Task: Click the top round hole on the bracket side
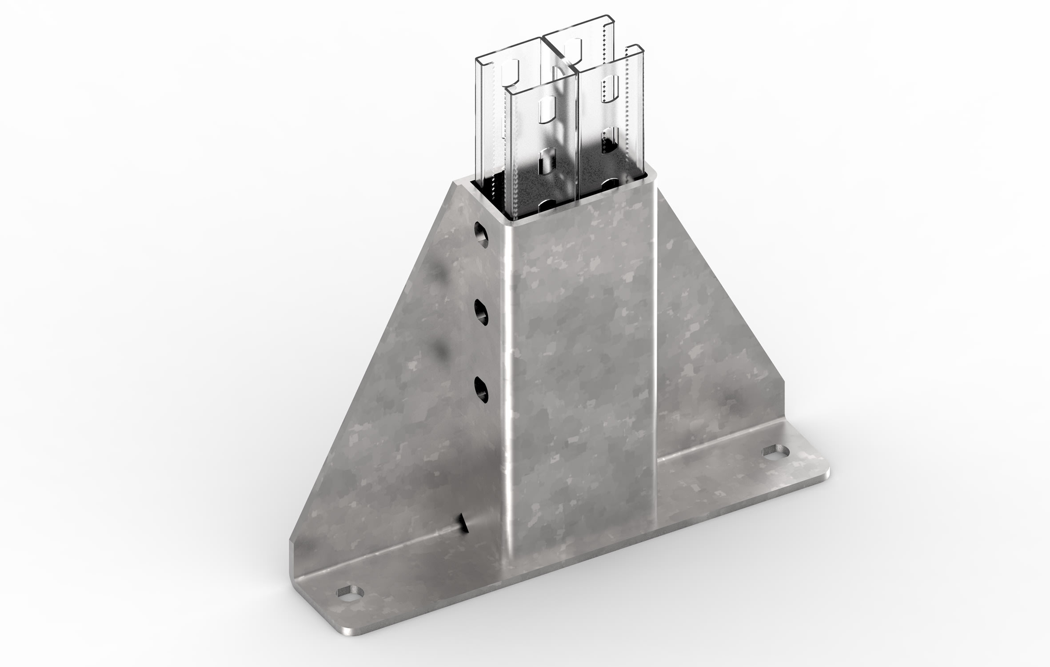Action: [481, 233]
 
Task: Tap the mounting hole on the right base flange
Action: [776, 453]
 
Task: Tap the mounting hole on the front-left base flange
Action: [350, 591]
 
